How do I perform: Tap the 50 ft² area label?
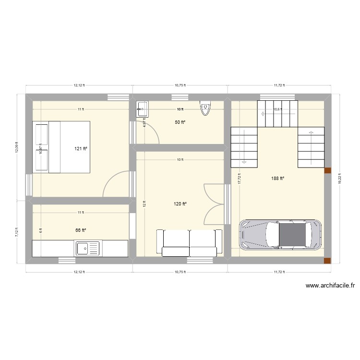coord(180,122)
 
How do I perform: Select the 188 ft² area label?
coord(277,179)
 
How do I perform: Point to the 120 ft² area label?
coord(180,204)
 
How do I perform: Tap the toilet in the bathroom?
coord(205,108)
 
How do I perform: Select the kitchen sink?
coord(87,249)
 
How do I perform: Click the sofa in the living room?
coord(190,242)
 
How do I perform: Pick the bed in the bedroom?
coord(61,146)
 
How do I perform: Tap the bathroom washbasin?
coord(143,109)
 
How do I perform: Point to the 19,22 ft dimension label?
coord(340,179)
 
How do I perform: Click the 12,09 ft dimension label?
coord(17,145)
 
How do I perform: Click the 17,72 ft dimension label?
coord(239,179)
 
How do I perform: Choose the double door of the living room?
coord(214,204)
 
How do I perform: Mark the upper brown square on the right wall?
coord(328,170)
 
